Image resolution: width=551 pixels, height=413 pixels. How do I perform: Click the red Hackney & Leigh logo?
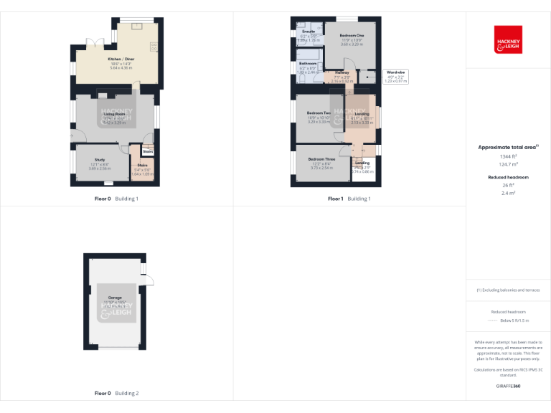pyautogui.click(x=508, y=40)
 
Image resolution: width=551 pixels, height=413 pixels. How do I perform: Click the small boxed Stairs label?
pyautogui.click(x=148, y=151)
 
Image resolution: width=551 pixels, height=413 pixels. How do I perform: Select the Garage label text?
pyautogui.click(x=115, y=297)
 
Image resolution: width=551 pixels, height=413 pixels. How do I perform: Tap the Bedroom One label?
pyautogui.click(x=352, y=35)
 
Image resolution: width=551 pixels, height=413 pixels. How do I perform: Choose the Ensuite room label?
pyautogui.click(x=309, y=32)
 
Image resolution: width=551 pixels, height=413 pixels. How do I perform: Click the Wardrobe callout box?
pyautogui.click(x=396, y=76)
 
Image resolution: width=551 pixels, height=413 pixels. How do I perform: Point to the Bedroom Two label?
pyautogui.click(x=319, y=113)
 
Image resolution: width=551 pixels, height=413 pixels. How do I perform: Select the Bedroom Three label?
pyautogui.click(x=321, y=159)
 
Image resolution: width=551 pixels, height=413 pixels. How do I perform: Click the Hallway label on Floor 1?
pyautogui.click(x=342, y=72)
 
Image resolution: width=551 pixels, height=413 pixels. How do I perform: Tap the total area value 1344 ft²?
pyautogui.click(x=508, y=156)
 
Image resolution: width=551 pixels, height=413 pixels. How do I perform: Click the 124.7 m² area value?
pyautogui.click(x=508, y=164)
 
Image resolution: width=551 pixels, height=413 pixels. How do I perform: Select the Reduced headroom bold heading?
pyautogui.click(x=508, y=176)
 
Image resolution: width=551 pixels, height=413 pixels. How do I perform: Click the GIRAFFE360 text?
pyautogui.click(x=508, y=386)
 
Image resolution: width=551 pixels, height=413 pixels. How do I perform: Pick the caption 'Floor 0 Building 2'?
pyautogui.click(x=117, y=393)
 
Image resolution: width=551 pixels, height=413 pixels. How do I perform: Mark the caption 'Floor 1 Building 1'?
pyautogui.click(x=349, y=199)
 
